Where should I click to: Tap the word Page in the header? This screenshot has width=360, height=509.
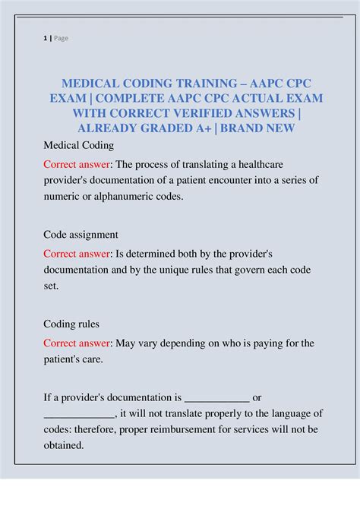60,38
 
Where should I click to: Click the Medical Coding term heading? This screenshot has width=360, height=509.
78,144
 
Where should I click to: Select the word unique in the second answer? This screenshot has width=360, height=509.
192,270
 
